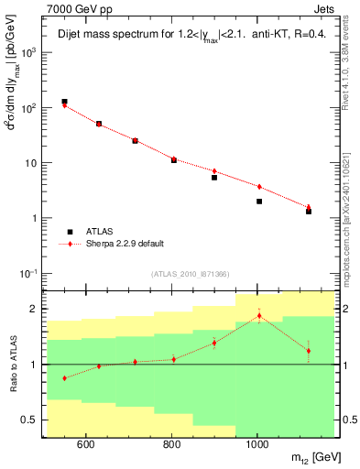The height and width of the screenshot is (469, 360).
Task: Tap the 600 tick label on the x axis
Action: pos(85,445)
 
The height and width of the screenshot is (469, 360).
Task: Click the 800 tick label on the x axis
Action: pos(171,445)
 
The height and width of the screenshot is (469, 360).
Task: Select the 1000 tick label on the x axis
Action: pos(257,445)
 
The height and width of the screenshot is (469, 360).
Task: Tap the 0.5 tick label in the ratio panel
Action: pos(30,420)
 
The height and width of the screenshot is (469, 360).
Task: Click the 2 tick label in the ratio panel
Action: pos(35,309)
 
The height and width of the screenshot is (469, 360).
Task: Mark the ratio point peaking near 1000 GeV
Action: pos(259,316)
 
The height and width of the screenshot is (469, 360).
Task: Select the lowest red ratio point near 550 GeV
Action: pos(64,377)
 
